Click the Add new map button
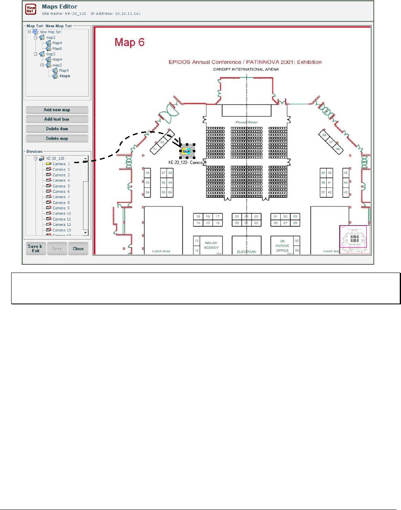[x=57, y=110]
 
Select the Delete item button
[x=57, y=129]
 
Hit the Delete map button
[x=57, y=139]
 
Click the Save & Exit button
[x=35, y=249]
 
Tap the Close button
[x=78, y=249]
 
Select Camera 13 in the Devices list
[x=62, y=230]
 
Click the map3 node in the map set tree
[x=50, y=54]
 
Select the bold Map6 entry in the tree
[x=64, y=76]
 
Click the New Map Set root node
[x=50, y=32]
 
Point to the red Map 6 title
[x=129, y=43]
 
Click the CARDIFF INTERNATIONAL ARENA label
[x=246, y=69]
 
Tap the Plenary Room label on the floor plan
[x=247, y=122]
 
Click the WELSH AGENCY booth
[x=211, y=245]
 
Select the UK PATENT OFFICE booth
[x=282, y=246]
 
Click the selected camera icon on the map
[x=187, y=152]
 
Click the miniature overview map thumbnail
[x=354, y=240]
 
